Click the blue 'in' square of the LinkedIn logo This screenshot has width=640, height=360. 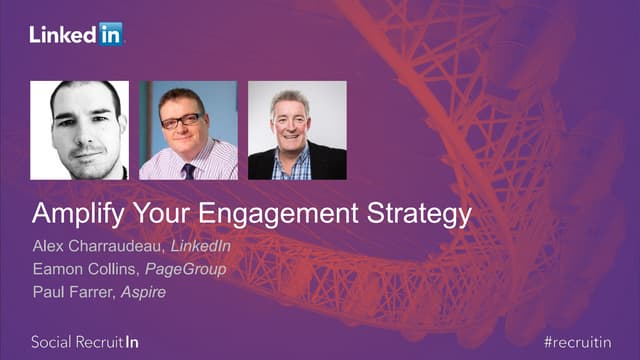click(x=110, y=34)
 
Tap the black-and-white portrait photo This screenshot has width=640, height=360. click(x=79, y=130)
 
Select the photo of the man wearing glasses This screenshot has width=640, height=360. click(x=188, y=130)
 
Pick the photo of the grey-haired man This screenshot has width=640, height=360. click(x=297, y=130)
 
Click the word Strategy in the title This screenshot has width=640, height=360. click(x=414, y=214)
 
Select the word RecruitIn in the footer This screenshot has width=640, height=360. click(x=112, y=341)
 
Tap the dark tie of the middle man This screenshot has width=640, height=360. click(x=186, y=168)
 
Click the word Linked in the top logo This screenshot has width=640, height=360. click(x=62, y=35)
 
